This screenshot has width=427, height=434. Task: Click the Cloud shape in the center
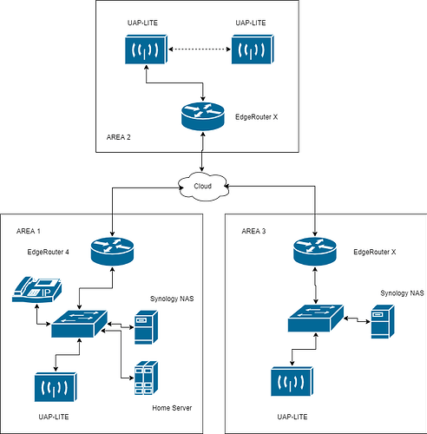tap(203, 187)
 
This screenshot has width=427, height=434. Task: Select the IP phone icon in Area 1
tap(36, 290)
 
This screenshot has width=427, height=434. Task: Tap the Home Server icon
tap(146, 378)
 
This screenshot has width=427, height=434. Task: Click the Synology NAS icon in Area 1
tap(146, 327)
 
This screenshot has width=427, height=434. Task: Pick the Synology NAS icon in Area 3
tap(383, 321)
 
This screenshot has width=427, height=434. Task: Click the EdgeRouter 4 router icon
tap(112, 251)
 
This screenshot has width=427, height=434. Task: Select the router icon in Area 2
tap(203, 116)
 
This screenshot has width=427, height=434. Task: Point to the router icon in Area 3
tap(315, 251)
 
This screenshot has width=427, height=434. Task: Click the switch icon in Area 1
tap(79, 324)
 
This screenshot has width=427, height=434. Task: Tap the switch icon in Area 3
tap(316, 319)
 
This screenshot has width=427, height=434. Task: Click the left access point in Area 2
tap(146, 49)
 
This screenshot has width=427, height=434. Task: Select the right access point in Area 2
tap(253, 49)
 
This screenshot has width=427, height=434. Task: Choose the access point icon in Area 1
tap(56, 387)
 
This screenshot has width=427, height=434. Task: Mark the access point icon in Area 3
tap(292, 381)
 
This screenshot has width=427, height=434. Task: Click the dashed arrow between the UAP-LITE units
tap(200, 49)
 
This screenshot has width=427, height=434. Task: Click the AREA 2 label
tap(119, 137)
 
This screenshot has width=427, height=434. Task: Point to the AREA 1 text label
tap(29, 231)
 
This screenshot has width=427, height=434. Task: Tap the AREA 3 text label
tap(253, 231)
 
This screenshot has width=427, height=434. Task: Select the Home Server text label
tap(172, 408)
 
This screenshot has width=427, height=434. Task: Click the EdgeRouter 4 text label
tap(48, 252)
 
